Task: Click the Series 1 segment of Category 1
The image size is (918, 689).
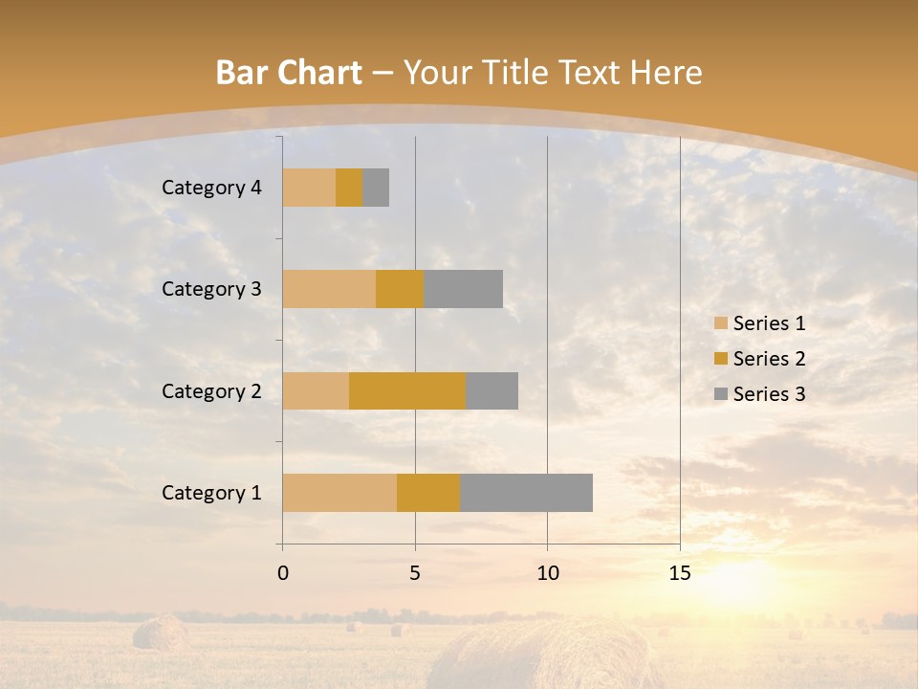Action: (339, 492)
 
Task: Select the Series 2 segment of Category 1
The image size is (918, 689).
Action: (428, 492)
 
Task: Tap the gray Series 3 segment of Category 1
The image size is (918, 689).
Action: (526, 492)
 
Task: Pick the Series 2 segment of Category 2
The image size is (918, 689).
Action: (407, 390)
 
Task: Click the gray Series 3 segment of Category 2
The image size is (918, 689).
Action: (492, 390)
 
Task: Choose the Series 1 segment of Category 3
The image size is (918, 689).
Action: (329, 289)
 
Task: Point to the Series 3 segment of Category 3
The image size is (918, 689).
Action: (463, 289)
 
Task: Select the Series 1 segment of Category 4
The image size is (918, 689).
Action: (309, 188)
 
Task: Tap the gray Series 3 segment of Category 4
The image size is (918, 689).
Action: (376, 188)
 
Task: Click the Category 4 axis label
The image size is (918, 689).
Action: (211, 188)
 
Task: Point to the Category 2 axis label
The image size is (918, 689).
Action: (211, 390)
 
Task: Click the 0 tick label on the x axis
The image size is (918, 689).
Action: (283, 573)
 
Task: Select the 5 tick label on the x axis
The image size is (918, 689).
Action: (415, 573)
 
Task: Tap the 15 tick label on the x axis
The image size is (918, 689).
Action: (680, 573)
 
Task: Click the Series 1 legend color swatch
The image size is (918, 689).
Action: (720, 323)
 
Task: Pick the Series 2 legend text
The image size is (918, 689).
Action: (769, 359)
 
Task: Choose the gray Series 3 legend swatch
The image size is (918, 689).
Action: (720, 394)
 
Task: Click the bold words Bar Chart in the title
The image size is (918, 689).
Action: (288, 73)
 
